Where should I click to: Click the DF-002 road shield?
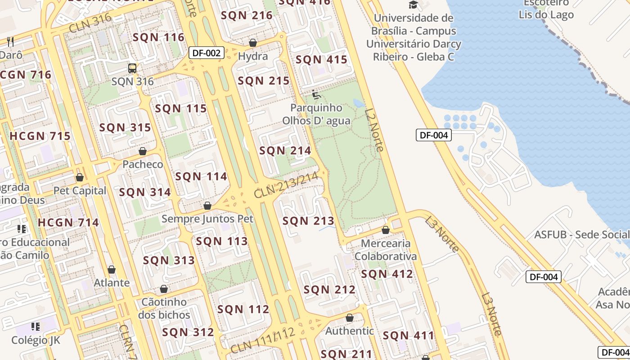click(x=206, y=53)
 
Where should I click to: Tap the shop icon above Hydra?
click(x=253, y=43)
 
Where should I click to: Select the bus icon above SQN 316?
click(x=132, y=68)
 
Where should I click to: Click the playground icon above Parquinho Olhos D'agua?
click(x=316, y=94)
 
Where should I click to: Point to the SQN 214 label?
click(x=285, y=151)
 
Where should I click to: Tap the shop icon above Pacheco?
click(x=143, y=151)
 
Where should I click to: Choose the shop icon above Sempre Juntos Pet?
click(x=207, y=206)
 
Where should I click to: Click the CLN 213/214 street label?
click(x=286, y=185)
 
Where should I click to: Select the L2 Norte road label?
click(x=374, y=130)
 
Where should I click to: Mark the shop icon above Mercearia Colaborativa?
click(x=386, y=230)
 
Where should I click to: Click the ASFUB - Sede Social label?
click(x=581, y=234)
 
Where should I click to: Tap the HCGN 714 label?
click(x=68, y=222)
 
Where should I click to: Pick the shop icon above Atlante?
click(x=112, y=270)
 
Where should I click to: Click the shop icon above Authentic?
click(x=350, y=318)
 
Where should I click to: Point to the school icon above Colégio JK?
click(x=36, y=326)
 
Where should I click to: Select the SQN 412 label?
click(x=387, y=274)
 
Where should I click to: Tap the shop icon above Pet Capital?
click(x=80, y=177)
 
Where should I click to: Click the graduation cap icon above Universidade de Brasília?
click(x=413, y=5)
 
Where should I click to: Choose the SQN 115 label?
click(x=181, y=108)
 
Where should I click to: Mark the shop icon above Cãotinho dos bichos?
click(x=164, y=288)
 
